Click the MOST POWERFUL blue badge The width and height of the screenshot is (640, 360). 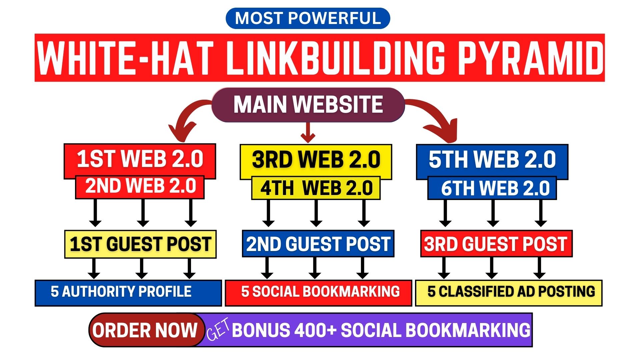(x=308, y=18)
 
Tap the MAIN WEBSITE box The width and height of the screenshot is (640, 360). (x=308, y=105)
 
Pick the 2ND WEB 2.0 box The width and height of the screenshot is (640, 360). (x=140, y=187)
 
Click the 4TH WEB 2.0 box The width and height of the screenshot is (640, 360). (x=316, y=188)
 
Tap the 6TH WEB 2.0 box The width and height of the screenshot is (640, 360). (x=492, y=188)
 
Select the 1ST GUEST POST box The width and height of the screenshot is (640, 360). (x=140, y=244)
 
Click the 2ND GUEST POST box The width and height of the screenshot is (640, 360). (x=318, y=244)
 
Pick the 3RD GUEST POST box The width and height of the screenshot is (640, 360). (x=496, y=244)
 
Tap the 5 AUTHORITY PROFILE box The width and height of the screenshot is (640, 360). (x=128, y=293)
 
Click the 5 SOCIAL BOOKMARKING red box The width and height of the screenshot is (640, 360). (x=319, y=293)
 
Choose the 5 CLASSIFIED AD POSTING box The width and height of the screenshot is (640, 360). (x=509, y=293)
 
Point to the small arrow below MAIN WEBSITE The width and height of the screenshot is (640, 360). (x=308, y=132)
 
